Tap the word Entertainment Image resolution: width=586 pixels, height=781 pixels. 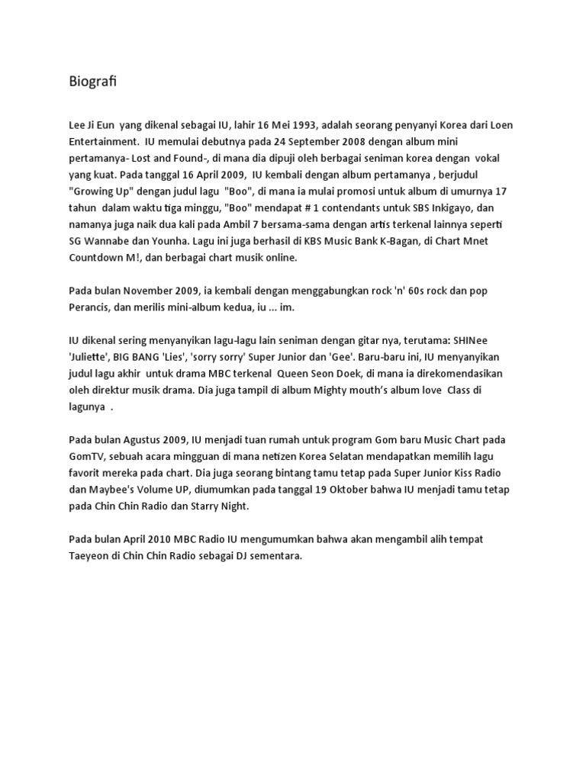(x=105, y=142)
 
